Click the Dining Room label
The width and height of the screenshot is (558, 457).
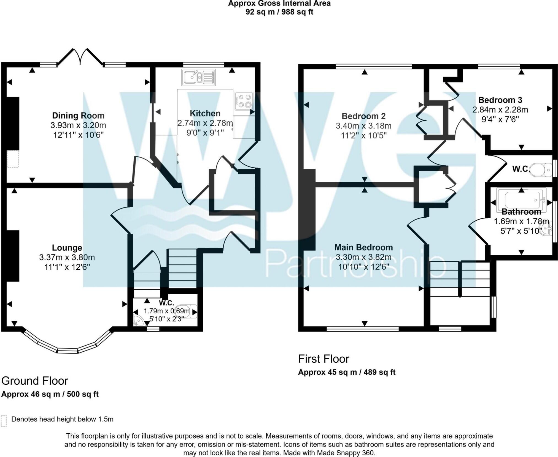click(78, 116)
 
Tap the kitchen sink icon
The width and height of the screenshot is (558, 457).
click(198, 77)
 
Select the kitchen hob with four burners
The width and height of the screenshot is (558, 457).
click(244, 101)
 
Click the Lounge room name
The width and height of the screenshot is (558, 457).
click(67, 248)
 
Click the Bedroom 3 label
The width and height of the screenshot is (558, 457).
click(500, 100)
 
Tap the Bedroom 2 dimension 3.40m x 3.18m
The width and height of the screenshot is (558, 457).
click(363, 126)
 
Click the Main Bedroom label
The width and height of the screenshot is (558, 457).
click(363, 247)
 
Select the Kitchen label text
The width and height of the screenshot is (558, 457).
click(205, 113)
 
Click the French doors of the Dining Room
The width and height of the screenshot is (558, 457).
click(80, 56)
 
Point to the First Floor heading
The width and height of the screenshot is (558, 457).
click(324, 359)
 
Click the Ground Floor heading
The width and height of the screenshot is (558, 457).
click(35, 381)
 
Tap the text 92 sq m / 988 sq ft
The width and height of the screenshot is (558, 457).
click(279, 12)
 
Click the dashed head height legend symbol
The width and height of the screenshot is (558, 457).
click(4, 421)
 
